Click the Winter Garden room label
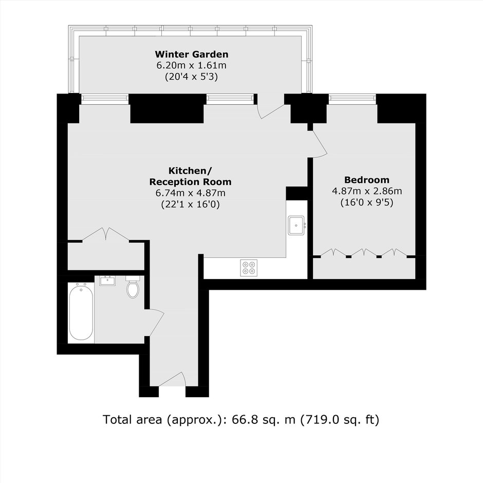(x=191, y=54)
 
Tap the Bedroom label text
(x=366, y=180)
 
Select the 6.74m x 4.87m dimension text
(x=190, y=193)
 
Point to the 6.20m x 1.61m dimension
(x=191, y=65)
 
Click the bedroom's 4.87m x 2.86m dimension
(x=366, y=191)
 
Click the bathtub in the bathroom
(x=81, y=311)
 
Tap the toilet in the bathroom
(x=133, y=287)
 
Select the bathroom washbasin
(x=107, y=281)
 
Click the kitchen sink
(x=296, y=226)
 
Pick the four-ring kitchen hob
(x=249, y=268)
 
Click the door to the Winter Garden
(x=271, y=110)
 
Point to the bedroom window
(x=352, y=99)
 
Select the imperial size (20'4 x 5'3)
(x=191, y=77)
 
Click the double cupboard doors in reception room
(x=106, y=234)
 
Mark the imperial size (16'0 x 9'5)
(x=366, y=202)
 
